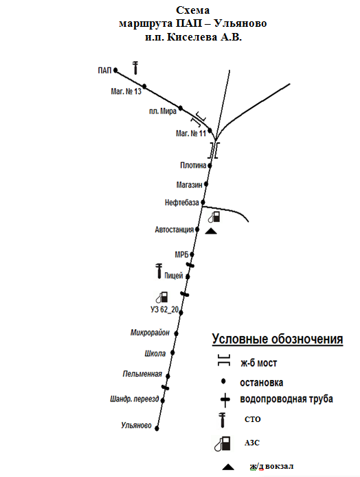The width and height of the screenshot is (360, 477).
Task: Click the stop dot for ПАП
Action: point(115,70)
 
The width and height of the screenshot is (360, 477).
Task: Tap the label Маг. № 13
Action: point(126,91)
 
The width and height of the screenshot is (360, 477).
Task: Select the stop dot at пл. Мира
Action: point(181,108)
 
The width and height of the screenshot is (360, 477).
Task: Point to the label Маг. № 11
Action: point(191,133)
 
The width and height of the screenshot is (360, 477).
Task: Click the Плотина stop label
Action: point(193,166)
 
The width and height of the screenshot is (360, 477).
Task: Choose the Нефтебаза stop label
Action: point(182,203)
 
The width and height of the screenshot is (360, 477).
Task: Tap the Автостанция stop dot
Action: point(197,230)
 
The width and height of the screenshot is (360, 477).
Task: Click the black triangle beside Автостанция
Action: point(211,232)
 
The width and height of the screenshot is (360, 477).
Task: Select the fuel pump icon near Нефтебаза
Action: point(214,217)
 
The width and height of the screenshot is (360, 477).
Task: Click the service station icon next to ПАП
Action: point(135,67)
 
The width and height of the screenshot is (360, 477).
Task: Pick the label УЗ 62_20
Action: point(164,310)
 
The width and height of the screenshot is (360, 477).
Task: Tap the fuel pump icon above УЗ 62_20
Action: point(161,297)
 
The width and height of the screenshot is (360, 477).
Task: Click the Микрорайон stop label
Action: point(150,333)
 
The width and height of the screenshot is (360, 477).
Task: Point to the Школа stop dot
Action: point(172,353)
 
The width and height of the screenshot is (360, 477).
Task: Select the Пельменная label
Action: point(142,374)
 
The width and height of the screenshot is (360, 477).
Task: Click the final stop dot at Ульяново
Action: point(157,429)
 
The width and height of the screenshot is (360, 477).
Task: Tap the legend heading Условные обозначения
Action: point(278,340)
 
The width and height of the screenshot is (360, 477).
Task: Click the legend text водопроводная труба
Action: point(286,399)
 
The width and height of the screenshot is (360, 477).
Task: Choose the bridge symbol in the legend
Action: point(224,360)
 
